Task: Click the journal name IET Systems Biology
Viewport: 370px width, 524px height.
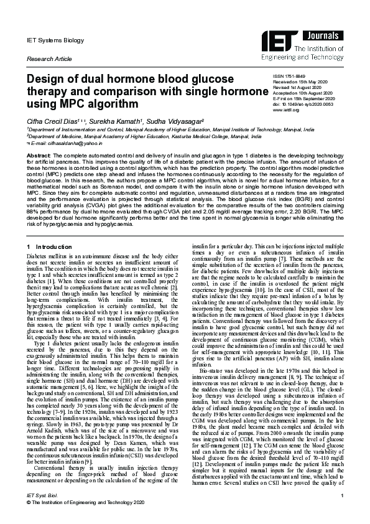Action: (x=49, y=40)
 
